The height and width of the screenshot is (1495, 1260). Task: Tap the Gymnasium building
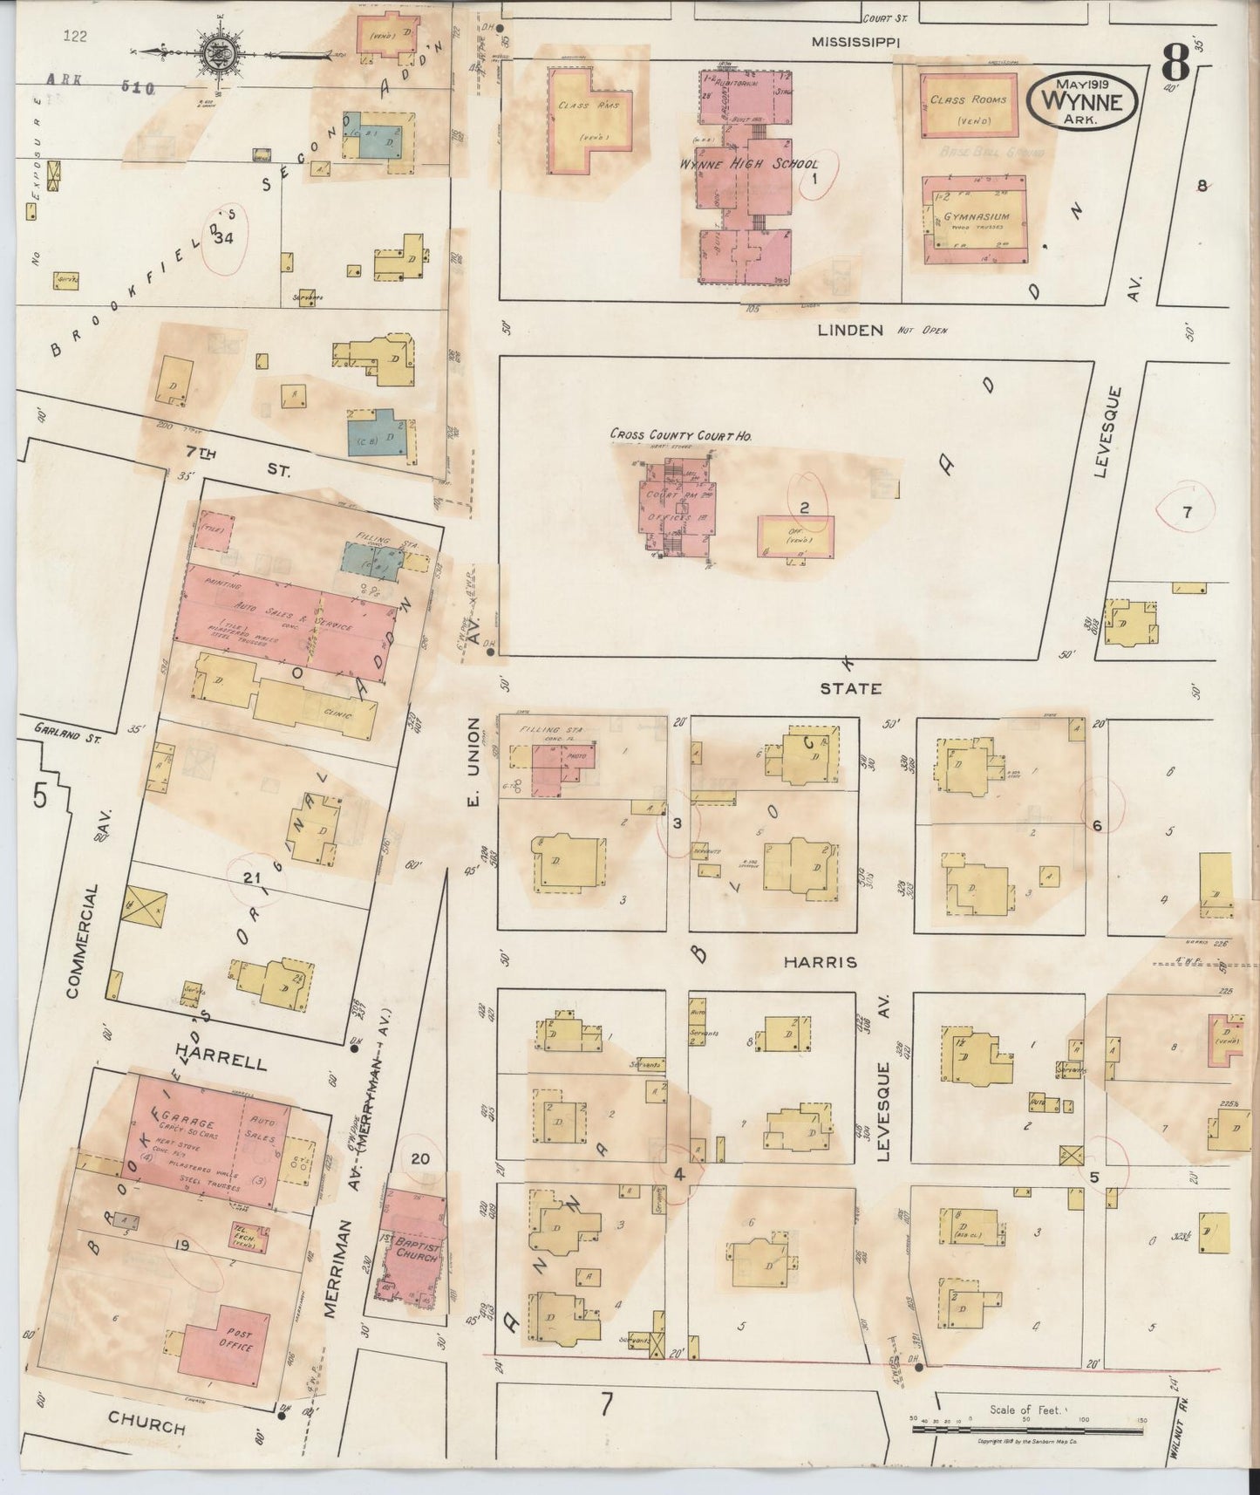tap(975, 220)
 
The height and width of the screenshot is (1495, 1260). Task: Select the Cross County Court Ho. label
tap(680, 434)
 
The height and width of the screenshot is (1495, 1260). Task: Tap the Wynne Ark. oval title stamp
tap(1084, 101)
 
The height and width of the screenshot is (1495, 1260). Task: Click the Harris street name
tap(819, 962)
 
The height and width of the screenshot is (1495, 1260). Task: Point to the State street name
tap(849, 688)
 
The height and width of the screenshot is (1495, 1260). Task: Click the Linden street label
tap(850, 330)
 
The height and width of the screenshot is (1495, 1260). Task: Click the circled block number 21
tap(252, 878)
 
